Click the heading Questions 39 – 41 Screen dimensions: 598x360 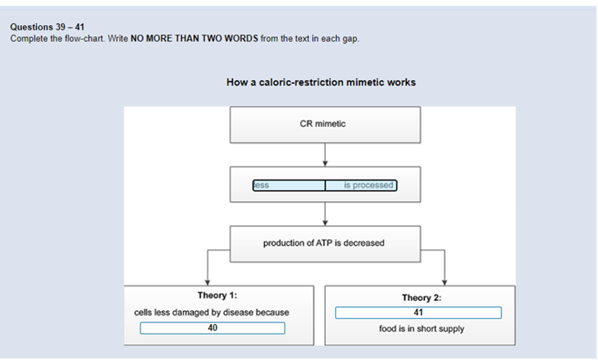47,27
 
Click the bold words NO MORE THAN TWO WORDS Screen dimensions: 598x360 194,38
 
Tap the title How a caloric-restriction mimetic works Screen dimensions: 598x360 321,82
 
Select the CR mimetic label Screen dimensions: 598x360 322,123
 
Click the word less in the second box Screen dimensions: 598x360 262,186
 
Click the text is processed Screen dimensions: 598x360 368,185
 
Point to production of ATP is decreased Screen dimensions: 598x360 324,243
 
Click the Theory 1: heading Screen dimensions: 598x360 217,295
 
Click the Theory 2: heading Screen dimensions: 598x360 422,297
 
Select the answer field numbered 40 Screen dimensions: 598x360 212,328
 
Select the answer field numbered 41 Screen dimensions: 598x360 418,313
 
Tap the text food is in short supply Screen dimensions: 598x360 421,329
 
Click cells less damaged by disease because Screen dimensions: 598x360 211,313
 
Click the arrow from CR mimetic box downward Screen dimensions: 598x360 325,154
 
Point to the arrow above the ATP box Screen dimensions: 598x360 325,214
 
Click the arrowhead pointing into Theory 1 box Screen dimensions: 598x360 208,282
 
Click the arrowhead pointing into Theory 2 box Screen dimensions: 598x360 444,282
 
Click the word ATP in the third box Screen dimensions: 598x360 325,243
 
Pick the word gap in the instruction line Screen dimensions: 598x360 351,39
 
